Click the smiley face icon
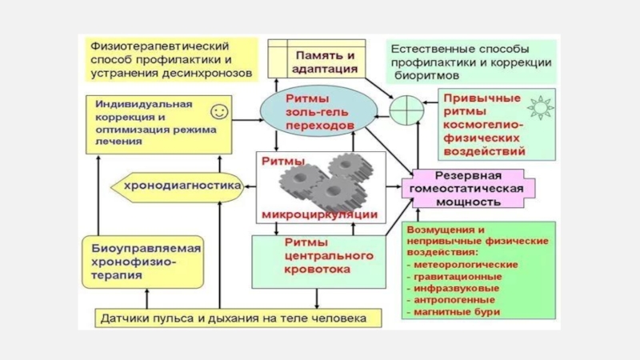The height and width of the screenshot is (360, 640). pos(218,110)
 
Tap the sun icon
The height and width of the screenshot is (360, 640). pos(542,106)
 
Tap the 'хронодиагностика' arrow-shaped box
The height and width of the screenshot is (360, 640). pos(180,186)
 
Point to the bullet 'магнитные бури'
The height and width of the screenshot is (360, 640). pos(457,311)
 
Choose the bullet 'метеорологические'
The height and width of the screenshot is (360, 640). pos(465,263)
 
